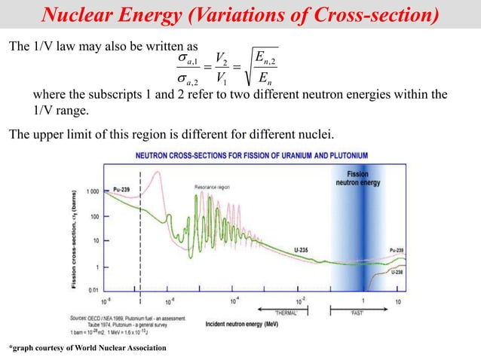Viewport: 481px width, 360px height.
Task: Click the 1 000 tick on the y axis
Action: [x=90, y=191]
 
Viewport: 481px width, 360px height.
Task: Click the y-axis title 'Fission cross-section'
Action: [x=75, y=239]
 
